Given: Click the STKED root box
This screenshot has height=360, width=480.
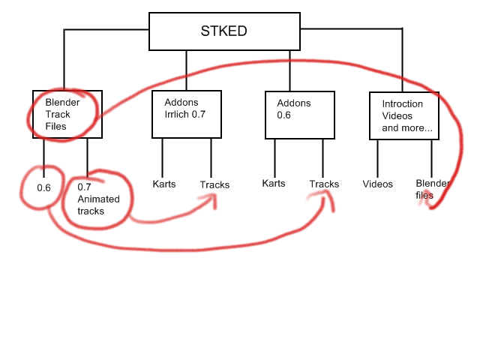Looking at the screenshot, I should [x=223, y=31].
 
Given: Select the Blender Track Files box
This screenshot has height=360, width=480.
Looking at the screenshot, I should [x=67, y=115].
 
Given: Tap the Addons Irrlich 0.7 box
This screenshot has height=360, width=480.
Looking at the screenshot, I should [x=187, y=114].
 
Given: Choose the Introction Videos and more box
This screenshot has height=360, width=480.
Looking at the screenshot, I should [x=404, y=115].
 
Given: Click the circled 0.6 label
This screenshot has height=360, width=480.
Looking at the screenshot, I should [x=43, y=187].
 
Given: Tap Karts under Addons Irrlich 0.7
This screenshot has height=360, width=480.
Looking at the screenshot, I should [x=163, y=184].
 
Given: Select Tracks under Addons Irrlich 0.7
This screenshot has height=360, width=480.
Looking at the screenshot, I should [x=214, y=184].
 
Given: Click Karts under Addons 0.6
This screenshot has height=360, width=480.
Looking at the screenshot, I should [x=273, y=184].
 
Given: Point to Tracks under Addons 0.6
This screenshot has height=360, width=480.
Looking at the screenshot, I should [x=324, y=184].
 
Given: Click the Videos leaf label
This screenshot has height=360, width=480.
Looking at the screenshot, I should [x=377, y=184].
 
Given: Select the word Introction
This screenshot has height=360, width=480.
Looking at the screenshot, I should [x=403, y=103].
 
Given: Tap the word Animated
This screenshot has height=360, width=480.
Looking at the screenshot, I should [x=97, y=199].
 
